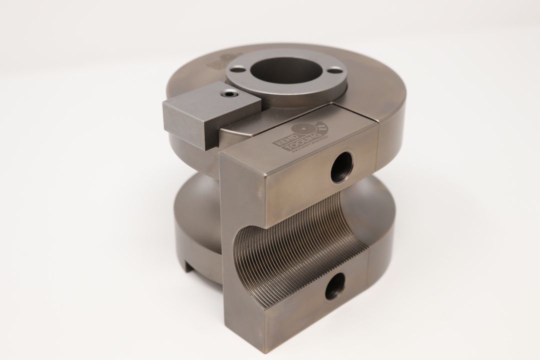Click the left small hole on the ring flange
coord(238,69)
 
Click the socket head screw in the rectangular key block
coord(229,93)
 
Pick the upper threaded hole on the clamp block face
coord(342,167)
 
